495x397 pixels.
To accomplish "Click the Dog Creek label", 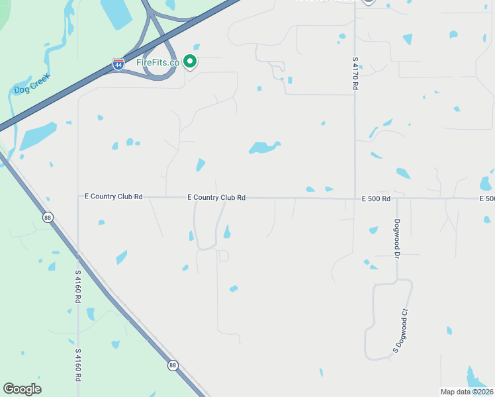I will click(32, 87).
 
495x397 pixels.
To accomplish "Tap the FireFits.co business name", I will click(157, 62).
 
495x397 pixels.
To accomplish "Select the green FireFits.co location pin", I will click(190, 62).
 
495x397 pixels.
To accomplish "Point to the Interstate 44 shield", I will click(117, 66).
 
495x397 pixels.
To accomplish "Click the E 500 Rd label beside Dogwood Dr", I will click(376, 198).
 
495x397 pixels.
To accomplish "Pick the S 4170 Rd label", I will click(355, 73).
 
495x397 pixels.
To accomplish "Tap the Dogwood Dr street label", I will click(398, 238).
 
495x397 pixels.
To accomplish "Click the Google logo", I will click(22, 389).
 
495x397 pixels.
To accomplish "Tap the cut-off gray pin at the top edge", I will click(368, 2).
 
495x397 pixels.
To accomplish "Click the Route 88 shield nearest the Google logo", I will click(173, 365).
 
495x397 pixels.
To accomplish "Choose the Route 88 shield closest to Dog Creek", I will click(47, 217).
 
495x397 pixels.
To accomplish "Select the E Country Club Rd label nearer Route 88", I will click(114, 197).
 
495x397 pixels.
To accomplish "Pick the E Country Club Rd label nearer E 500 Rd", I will click(216, 197).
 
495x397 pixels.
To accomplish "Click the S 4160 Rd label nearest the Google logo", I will click(78, 365).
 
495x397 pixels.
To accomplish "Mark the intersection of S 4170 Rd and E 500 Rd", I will click(355, 198).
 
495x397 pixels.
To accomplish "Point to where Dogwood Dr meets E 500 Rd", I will click(397, 198).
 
